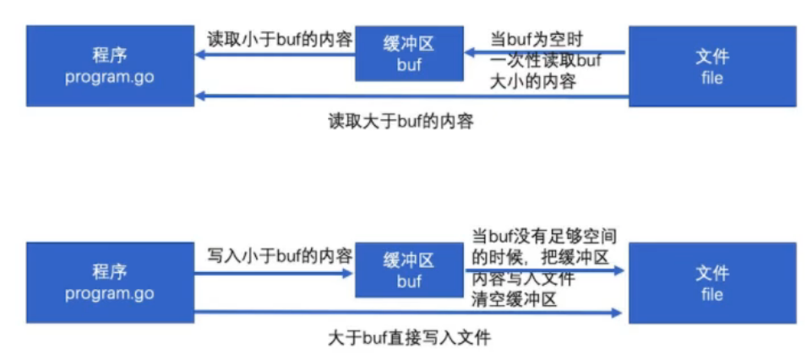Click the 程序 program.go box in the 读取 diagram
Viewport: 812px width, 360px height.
pos(110,66)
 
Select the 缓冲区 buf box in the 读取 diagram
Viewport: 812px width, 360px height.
pos(409,52)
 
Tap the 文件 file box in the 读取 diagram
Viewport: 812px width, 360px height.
pos(712,66)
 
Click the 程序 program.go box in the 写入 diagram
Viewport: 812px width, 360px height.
pos(110,282)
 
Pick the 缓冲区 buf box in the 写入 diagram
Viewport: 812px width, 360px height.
pos(409,270)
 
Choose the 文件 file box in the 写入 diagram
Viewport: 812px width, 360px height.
pos(712,282)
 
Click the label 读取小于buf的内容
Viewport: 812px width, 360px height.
pos(280,39)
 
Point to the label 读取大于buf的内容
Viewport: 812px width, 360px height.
pos(401,121)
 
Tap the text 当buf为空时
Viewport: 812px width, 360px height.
pos(538,39)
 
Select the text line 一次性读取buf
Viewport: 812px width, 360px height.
pos(544,61)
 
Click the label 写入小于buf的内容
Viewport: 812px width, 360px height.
pos(280,255)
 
